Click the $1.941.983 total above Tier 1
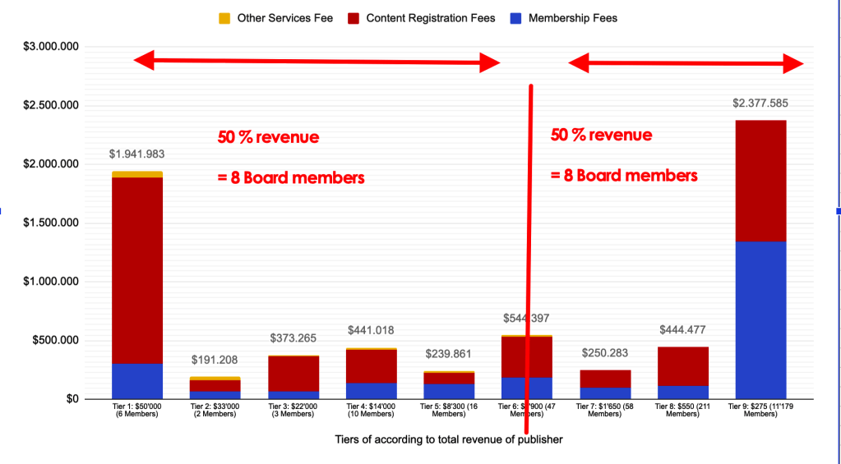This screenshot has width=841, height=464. (137, 154)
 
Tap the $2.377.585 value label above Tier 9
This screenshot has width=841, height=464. (760, 103)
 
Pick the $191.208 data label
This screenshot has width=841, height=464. (215, 360)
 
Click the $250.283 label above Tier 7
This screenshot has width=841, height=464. (605, 353)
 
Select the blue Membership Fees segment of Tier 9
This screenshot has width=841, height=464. (760, 320)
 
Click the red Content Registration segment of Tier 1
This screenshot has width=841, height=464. (137, 271)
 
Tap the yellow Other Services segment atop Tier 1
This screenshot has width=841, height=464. (137, 174)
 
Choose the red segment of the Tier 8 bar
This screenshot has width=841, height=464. (683, 366)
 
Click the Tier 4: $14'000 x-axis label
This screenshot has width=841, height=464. (371, 409)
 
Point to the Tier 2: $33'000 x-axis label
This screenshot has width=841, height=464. (215, 409)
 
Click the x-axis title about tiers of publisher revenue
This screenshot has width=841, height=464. (448, 439)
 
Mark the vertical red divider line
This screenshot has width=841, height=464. (529, 246)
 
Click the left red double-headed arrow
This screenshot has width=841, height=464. (317, 61)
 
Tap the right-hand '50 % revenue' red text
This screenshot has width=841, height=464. (601, 136)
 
